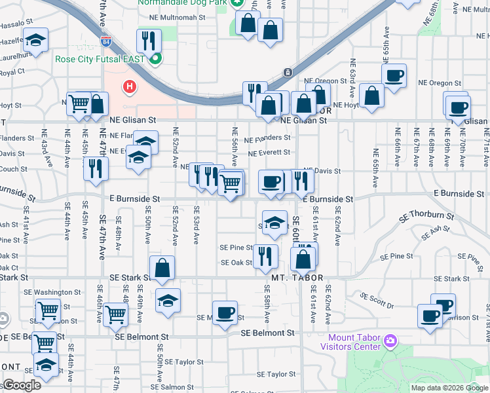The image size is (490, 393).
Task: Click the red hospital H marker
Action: click(x=130, y=86)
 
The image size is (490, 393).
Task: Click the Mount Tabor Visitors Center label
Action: click(x=350, y=342)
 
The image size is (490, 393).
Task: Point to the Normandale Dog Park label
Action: click(x=181, y=3)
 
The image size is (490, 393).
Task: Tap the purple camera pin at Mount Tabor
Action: click(x=390, y=340)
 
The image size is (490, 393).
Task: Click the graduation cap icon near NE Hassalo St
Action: click(x=35, y=39)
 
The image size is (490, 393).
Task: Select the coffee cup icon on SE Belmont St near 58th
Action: click(x=225, y=312)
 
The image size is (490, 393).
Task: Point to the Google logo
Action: click(x=22, y=386)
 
